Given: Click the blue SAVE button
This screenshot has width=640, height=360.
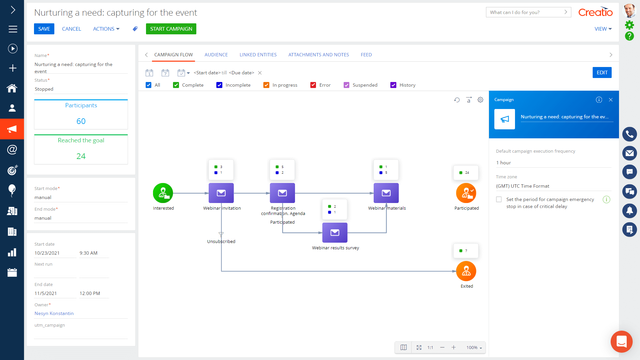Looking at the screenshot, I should (x=44, y=29).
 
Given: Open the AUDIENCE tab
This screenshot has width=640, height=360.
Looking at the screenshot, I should (x=216, y=55).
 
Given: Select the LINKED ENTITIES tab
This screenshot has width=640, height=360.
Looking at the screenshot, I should (x=258, y=55).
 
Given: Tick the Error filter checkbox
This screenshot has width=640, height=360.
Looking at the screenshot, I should (x=313, y=85).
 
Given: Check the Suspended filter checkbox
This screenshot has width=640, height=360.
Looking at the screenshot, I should (x=346, y=85).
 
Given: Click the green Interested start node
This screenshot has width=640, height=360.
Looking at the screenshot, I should (x=163, y=193).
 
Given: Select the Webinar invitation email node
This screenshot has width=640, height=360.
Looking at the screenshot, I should (x=221, y=193).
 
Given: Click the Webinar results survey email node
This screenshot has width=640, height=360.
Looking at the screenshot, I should (x=335, y=233).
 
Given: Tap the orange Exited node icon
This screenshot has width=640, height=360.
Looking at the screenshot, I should (x=466, y=271).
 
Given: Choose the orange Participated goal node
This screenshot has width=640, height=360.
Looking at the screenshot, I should (x=466, y=193).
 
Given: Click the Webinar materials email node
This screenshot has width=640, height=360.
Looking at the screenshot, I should (x=386, y=193).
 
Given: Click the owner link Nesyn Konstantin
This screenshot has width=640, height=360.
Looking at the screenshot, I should (x=54, y=313).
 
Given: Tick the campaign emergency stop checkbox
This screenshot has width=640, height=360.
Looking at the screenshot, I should (x=499, y=199).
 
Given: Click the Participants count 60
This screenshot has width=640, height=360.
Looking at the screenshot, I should (x=81, y=121).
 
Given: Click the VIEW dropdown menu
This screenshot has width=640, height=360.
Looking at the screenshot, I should (x=603, y=29).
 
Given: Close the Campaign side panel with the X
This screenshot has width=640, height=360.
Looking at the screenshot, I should (x=611, y=100).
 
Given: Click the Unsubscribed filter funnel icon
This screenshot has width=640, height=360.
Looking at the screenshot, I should (x=221, y=234).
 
